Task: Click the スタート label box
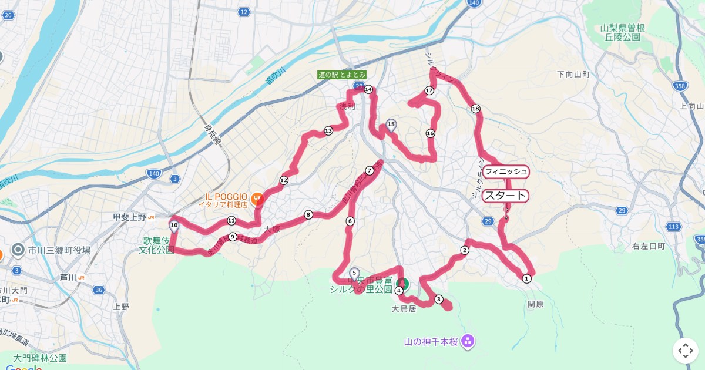(505, 196)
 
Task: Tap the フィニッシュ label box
(506, 171)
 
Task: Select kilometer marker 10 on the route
(174, 225)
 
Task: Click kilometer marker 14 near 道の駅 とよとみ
(368, 89)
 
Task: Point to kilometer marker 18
(475, 109)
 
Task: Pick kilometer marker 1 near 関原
(526, 278)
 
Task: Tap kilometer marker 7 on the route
(370, 170)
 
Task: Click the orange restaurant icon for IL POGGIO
(256, 199)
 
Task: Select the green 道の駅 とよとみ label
(342, 75)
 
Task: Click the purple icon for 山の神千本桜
(468, 341)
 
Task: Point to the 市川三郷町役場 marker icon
(18, 251)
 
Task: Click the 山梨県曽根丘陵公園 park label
(623, 32)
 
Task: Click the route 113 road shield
(674, 227)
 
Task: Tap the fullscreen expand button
(685, 351)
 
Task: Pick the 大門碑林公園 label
(41, 358)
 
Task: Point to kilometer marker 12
(284, 180)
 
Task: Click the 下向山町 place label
(573, 75)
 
